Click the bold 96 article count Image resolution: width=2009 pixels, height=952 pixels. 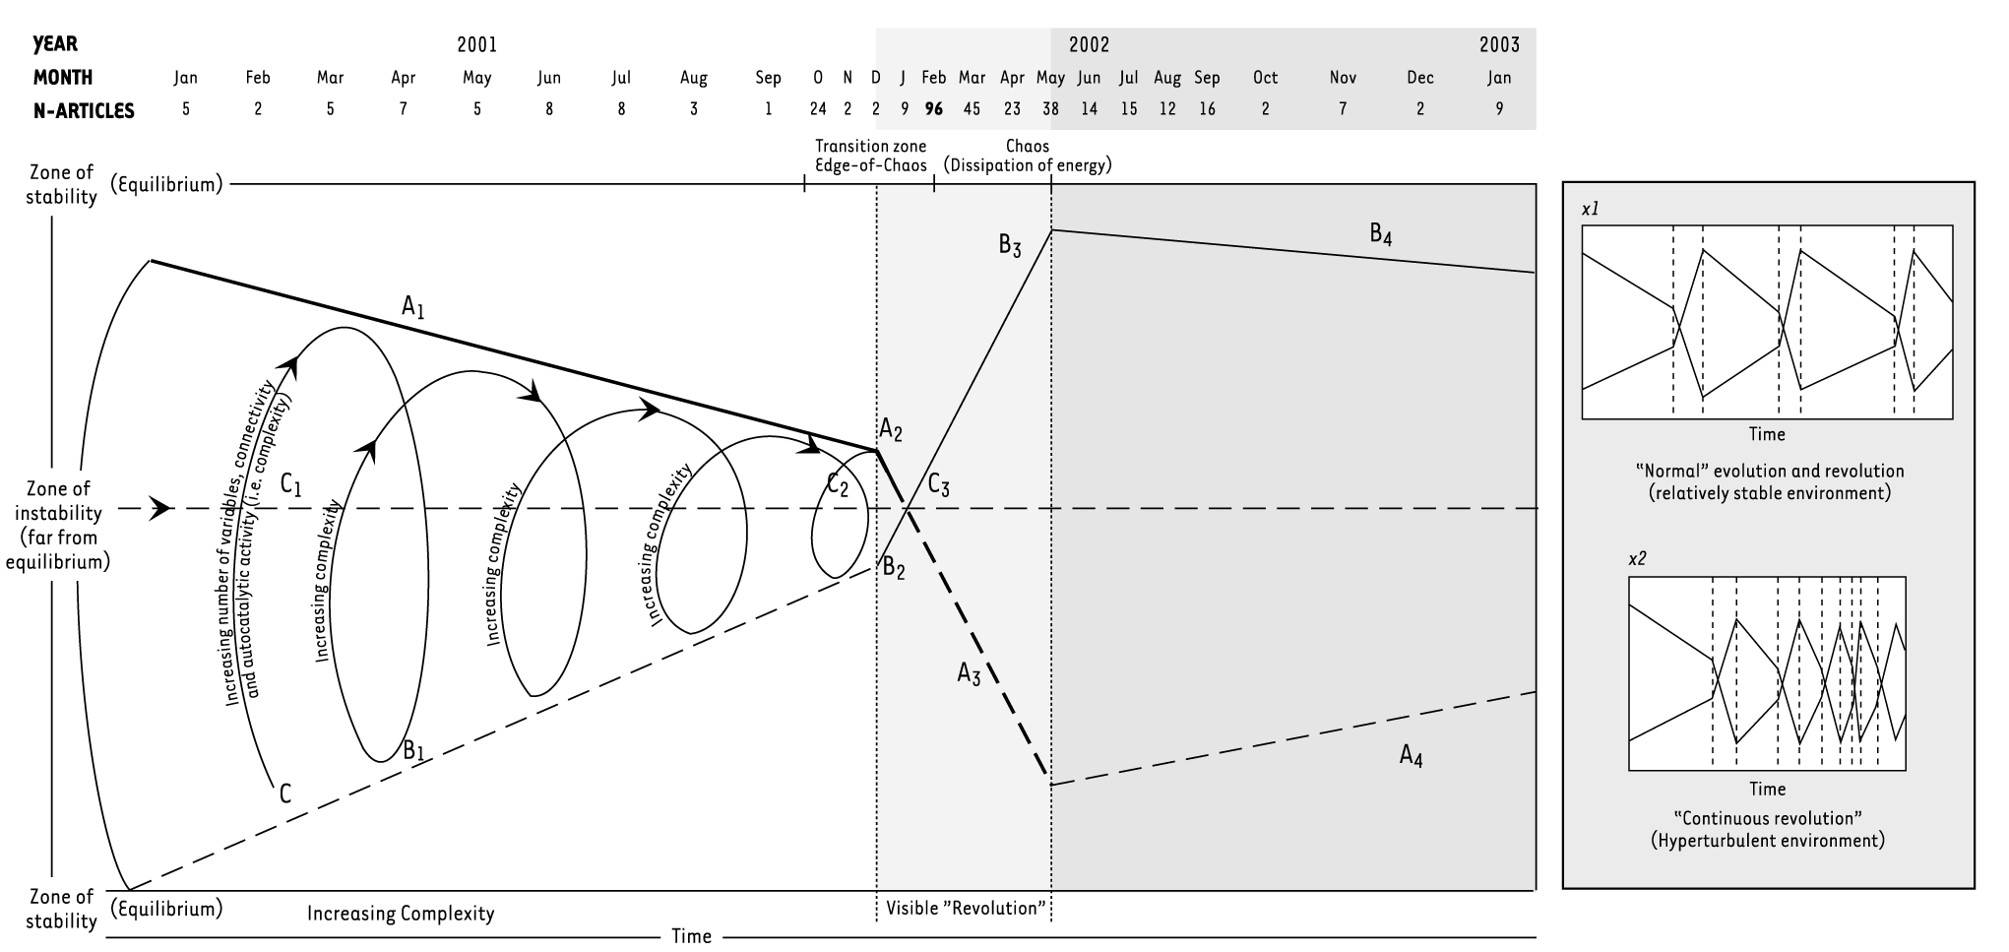(933, 109)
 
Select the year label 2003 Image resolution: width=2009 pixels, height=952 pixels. (1499, 44)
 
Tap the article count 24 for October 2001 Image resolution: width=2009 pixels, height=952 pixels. (818, 109)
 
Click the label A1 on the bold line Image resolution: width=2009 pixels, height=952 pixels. (413, 307)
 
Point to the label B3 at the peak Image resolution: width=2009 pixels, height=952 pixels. (1010, 246)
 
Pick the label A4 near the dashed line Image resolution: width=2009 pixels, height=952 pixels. (1411, 756)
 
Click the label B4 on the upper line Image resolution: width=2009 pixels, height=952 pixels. (1380, 234)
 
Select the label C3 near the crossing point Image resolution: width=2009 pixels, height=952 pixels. (938, 485)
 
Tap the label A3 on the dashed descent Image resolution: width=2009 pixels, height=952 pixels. (969, 674)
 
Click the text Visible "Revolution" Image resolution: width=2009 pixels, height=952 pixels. (965, 908)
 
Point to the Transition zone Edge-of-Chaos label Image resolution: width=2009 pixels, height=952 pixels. (871, 156)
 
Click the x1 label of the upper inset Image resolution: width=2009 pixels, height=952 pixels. (1590, 210)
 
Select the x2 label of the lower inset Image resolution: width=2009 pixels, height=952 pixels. (1637, 558)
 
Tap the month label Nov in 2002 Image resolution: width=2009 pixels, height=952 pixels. (1343, 78)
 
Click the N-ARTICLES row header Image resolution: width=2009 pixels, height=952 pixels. (84, 110)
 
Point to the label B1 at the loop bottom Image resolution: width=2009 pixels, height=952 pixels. (413, 750)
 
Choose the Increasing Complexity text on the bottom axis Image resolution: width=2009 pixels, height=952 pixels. (400, 914)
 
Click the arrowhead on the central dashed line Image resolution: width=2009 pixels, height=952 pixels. (158, 509)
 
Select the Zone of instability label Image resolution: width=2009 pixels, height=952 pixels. (58, 525)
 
